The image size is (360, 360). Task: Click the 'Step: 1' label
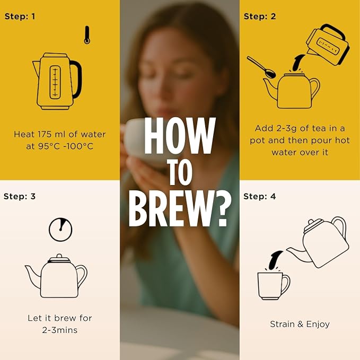pyautogui.click(x=20, y=16)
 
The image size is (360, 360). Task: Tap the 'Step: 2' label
pyautogui.click(x=260, y=16)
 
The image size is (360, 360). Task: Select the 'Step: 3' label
pyautogui.click(x=20, y=196)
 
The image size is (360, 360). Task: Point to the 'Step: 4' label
pyautogui.click(x=259, y=196)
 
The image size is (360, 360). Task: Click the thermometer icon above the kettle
pyautogui.click(x=87, y=35)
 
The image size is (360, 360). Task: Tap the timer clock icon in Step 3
pyautogui.click(x=60, y=230)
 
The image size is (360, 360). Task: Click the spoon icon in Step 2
pyautogui.click(x=261, y=67)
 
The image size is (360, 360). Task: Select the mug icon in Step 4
pyautogui.click(x=273, y=286)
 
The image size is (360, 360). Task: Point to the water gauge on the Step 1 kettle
pyautogui.click(x=55, y=82)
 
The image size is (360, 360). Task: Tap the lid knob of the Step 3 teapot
pyautogui.click(x=59, y=256)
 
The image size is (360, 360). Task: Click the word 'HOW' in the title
pyautogui.click(x=180, y=136)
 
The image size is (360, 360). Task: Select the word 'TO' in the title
pyautogui.click(x=180, y=172)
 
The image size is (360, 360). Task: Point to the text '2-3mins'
pyautogui.click(x=60, y=330)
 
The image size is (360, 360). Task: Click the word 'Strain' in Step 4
pyautogui.click(x=282, y=324)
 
